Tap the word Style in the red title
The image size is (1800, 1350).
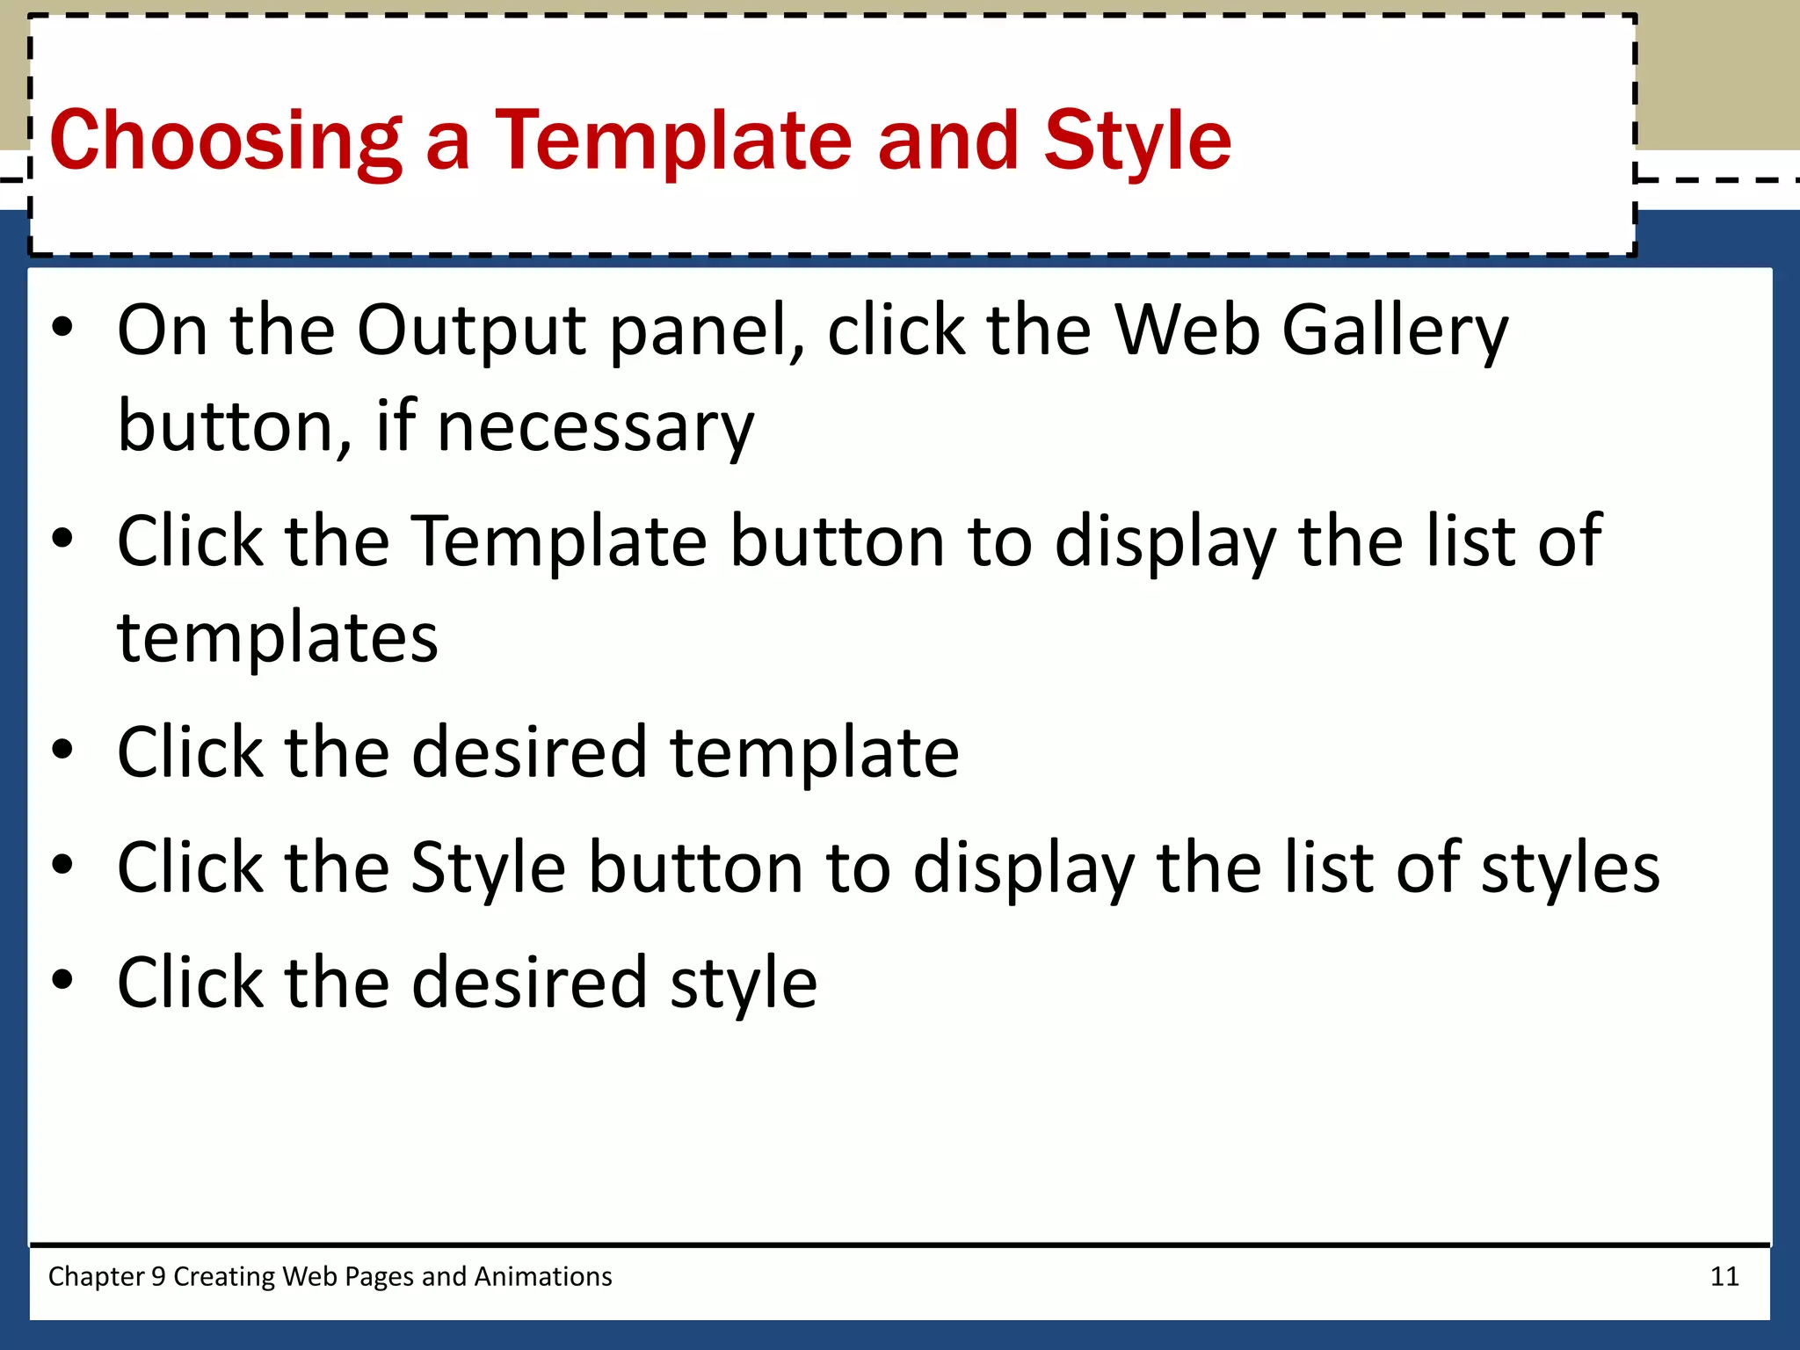(1137, 141)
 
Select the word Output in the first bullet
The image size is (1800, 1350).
(472, 330)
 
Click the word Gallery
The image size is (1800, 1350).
(1395, 330)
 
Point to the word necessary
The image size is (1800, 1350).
(595, 427)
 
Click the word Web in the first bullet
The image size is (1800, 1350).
(1187, 330)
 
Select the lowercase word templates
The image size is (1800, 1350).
(278, 637)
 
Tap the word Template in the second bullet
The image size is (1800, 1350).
(560, 541)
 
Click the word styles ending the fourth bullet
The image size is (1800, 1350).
(1570, 868)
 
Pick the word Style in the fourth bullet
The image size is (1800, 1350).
(488, 868)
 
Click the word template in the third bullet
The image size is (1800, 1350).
(814, 752)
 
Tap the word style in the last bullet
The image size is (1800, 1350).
(744, 983)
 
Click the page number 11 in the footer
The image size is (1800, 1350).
(1724, 1276)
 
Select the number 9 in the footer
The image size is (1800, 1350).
(158, 1276)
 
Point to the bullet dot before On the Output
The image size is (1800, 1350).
(62, 328)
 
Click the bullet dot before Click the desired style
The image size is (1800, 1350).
(62, 979)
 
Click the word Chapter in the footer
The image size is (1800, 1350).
(96, 1276)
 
